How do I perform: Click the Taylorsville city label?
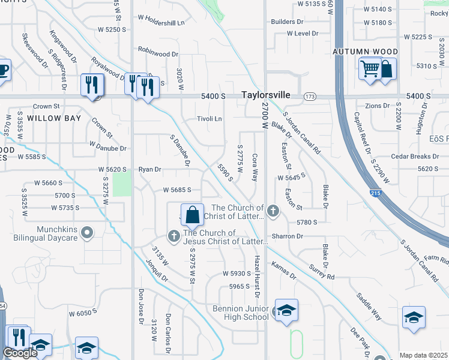(266, 95)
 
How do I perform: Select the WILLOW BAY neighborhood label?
(54, 118)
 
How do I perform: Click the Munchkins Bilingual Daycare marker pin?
(87, 232)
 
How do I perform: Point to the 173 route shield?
(310, 96)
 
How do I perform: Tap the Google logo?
(20, 353)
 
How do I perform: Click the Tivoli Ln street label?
(209, 119)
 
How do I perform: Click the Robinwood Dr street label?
(158, 53)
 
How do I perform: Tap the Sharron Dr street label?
(287, 236)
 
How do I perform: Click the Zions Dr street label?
(378, 106)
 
